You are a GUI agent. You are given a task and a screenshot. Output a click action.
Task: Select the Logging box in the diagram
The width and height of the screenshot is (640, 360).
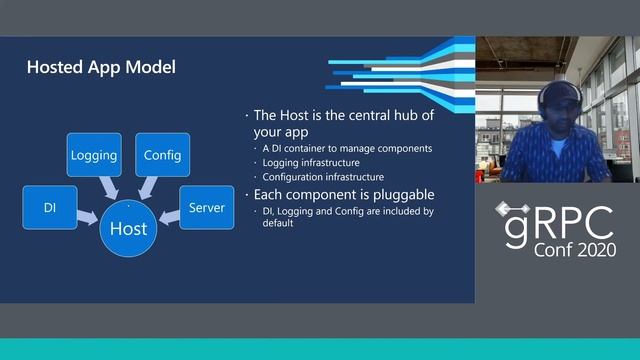click(94, 155)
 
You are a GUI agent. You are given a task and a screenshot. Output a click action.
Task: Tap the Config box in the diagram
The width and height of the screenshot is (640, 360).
click(162, 155)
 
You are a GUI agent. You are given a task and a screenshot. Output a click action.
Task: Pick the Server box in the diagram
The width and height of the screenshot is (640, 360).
click(207, 208)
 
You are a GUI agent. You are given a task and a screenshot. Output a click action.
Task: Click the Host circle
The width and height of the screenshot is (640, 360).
click(128, 228)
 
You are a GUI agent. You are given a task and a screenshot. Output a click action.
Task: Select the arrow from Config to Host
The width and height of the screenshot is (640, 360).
click(148, 186)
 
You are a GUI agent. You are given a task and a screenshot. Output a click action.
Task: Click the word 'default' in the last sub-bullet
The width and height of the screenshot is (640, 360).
click(278, 223)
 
